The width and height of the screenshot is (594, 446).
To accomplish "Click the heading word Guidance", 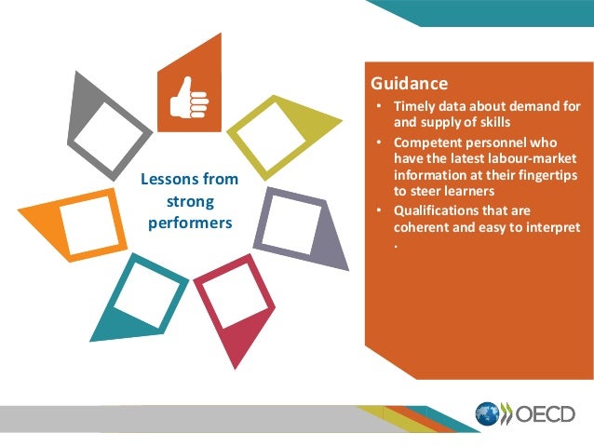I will click(x=409, y=82).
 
